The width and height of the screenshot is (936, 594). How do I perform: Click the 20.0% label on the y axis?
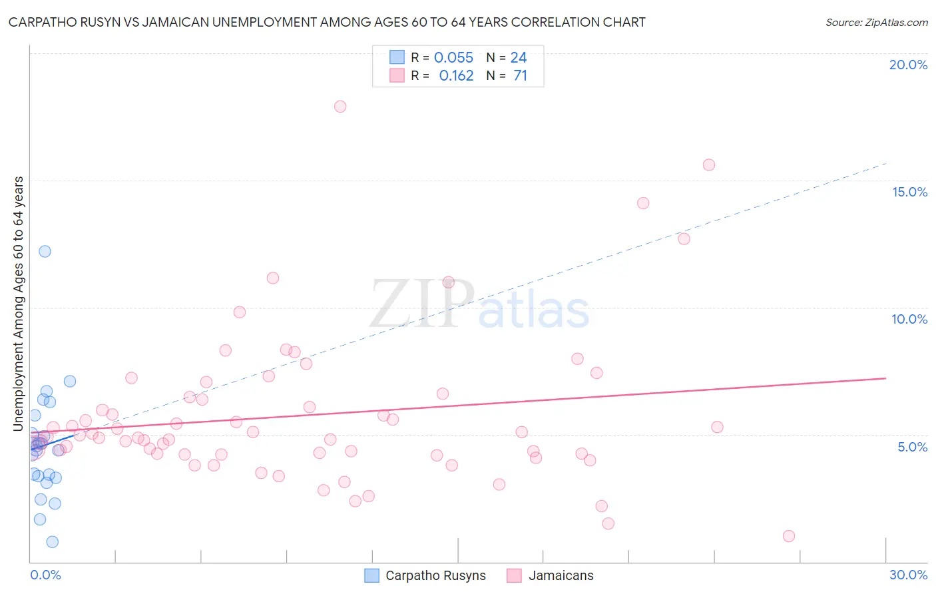tap(908, 65)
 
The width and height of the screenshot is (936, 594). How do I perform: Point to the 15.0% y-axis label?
tap(909, 192)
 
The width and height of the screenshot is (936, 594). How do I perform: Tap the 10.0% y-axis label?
tap(909, 319)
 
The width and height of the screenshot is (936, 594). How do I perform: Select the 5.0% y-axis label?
tap(912, 447)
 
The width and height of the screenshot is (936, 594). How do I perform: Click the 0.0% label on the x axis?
tap(45, 575)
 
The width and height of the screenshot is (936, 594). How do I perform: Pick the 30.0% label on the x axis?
tap(908, 575)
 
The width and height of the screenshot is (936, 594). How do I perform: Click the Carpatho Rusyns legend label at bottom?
tap(435, 575)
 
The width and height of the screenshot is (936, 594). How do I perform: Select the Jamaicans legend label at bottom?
tap(561, 575)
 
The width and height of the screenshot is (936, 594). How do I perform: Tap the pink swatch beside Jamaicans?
tap(514, 575)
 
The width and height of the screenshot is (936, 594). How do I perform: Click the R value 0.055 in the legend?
tap(453, 58)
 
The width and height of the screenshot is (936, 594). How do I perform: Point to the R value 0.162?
tap(456, 76)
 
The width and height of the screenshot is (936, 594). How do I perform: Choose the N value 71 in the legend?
tap(520, 76)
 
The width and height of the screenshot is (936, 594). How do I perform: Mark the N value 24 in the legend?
tap(519, 58)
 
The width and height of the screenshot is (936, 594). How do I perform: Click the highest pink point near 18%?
tap(340, 107)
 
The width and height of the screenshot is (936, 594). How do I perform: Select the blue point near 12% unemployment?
tap(45, 251)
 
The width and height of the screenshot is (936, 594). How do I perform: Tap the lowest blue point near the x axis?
tap(53, 542)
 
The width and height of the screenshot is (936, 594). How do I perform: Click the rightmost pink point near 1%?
tap(789, 536)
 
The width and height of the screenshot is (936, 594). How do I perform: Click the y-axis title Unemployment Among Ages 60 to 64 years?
tap(19, 304)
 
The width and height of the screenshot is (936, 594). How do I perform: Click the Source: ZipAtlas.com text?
tap(876, 23)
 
